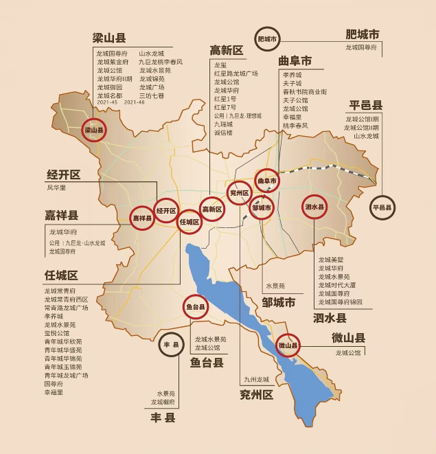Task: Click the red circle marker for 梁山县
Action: (93, 129)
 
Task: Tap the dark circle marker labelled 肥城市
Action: (267, 40)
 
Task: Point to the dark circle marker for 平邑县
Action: (382, 207)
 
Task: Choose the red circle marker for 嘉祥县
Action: (142, 218)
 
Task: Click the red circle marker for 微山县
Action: (288, 345)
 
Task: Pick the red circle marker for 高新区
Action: (212, 209)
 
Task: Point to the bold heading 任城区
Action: (61, 275)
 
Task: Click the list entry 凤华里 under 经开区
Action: (56, 188)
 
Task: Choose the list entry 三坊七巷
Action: (151, 96)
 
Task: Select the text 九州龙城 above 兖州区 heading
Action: (257, 379)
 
